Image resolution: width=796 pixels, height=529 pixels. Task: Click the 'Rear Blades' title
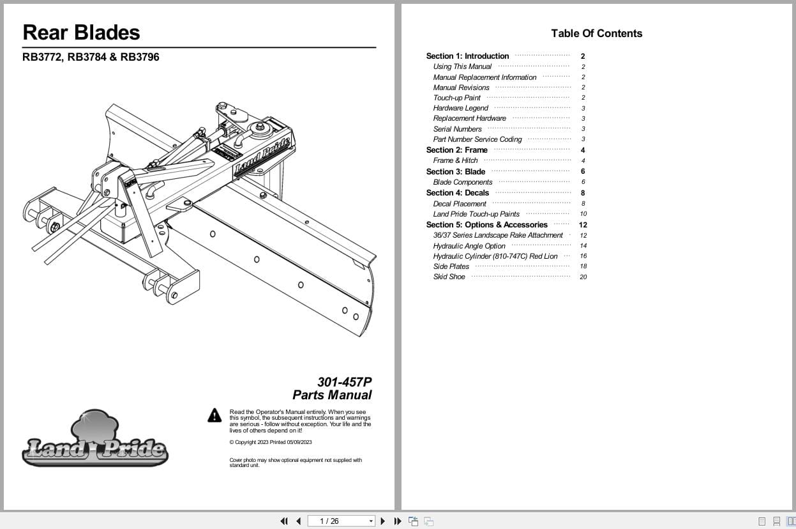click(x=81, y=33)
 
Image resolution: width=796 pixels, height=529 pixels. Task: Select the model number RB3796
click(x=140, y=57)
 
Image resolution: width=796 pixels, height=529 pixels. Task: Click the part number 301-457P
click(x=344, y=382)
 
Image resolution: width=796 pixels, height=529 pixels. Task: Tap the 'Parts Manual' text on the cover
click(x=332, y=395)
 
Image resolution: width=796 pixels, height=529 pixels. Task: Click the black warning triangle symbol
click(x=214, y=415)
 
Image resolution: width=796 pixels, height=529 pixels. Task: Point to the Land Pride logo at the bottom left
click(x=95, y=440)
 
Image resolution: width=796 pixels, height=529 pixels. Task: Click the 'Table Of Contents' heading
click(x=596, y=33)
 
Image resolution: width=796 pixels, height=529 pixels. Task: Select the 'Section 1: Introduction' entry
click(x=467, y=56)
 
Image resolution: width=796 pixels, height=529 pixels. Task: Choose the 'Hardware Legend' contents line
click(x=460, y=108)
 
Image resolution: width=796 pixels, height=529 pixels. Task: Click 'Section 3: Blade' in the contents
click(x=456, y=171)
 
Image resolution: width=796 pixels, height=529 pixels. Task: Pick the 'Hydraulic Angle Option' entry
click(x=469, y=246)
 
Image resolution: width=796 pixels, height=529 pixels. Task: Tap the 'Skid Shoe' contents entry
click(x=449, y=277)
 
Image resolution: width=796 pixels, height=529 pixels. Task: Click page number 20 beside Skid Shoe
click(x=583, y=277)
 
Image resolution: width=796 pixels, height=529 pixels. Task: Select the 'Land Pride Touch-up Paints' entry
click(x=476, y=214)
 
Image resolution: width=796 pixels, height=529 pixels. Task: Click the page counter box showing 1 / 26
click(x=341, y=521)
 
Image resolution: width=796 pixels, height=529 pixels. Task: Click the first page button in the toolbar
click(x=284, y=521)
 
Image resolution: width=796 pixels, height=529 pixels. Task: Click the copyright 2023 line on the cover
click(x=271, y=442)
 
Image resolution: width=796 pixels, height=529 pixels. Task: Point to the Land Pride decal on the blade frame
click(x=262, y=154)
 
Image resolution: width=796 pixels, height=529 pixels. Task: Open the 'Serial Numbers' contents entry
click(x=457, y=129)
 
